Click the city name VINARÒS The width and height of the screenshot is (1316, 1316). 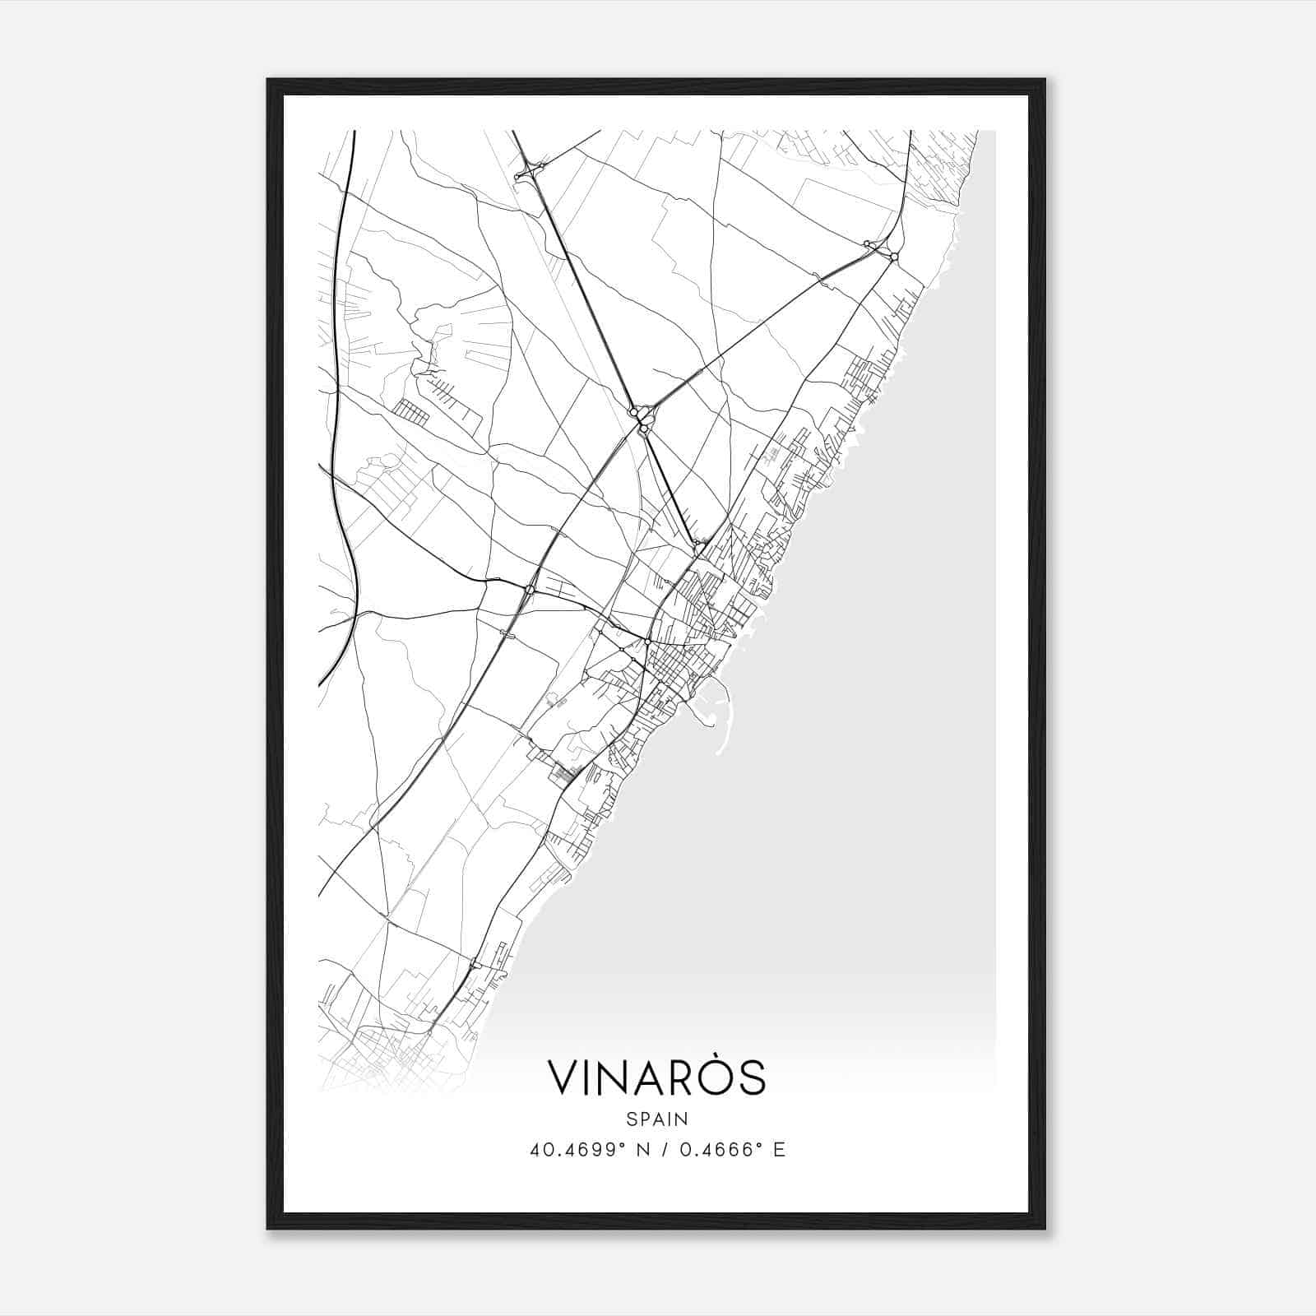coord(656,1077)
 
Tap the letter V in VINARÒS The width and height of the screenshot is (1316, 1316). coord(563,1078)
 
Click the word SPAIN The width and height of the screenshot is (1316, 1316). coord(656,1119)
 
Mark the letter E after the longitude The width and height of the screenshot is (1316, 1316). coord(779,1150)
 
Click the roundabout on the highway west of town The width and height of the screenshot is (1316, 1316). coord(531,589)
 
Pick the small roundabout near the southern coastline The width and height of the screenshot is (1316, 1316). coord(475,963)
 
